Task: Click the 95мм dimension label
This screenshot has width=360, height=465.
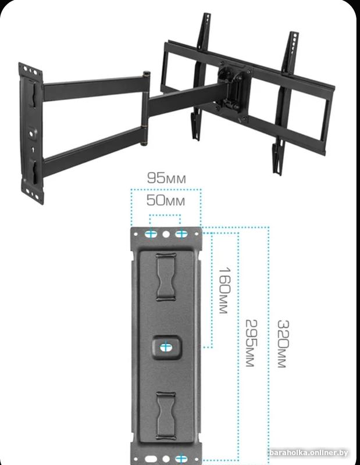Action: pos(166,178)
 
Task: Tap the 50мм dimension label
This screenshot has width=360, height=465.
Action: pos(166,201)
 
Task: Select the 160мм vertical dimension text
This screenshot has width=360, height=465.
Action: pos(224,291)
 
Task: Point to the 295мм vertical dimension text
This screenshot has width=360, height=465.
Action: pos(251,343)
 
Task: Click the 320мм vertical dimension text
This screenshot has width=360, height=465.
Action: pos(283,344)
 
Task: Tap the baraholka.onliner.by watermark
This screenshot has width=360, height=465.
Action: pos(309,453)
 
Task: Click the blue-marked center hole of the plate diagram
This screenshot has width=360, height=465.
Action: pos(166,347)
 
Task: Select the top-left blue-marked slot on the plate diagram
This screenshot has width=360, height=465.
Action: pos(151,234)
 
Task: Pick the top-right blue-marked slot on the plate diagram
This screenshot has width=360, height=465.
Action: pos(181,234)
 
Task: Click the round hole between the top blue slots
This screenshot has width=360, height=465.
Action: pos(166,234)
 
